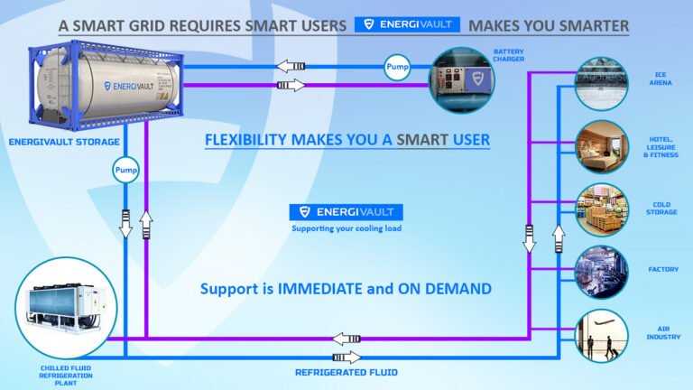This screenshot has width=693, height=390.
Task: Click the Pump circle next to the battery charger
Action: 397,67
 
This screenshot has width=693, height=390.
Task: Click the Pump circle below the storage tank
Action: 126,171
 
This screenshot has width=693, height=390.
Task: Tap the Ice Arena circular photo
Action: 602,84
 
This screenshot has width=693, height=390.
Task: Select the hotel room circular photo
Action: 602,147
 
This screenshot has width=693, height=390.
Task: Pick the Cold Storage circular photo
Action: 602,209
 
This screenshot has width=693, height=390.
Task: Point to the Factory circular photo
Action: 602,272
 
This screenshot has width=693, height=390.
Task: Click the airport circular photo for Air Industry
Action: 602,336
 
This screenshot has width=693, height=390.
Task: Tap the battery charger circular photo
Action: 462,80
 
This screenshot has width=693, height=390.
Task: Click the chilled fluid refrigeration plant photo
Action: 66,308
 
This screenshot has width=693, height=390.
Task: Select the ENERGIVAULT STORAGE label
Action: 64,142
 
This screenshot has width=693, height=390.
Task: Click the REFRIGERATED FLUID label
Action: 346,372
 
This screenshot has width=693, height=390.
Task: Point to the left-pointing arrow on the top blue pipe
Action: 291,66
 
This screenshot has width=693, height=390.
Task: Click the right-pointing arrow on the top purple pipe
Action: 291,85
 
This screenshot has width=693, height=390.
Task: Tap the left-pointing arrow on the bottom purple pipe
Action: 346,339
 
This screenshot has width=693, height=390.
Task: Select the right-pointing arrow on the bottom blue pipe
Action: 346,357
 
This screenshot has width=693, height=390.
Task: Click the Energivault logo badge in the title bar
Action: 407,24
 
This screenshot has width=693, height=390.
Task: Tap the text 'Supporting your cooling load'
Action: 346,228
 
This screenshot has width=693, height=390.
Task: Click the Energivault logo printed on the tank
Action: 129,87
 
